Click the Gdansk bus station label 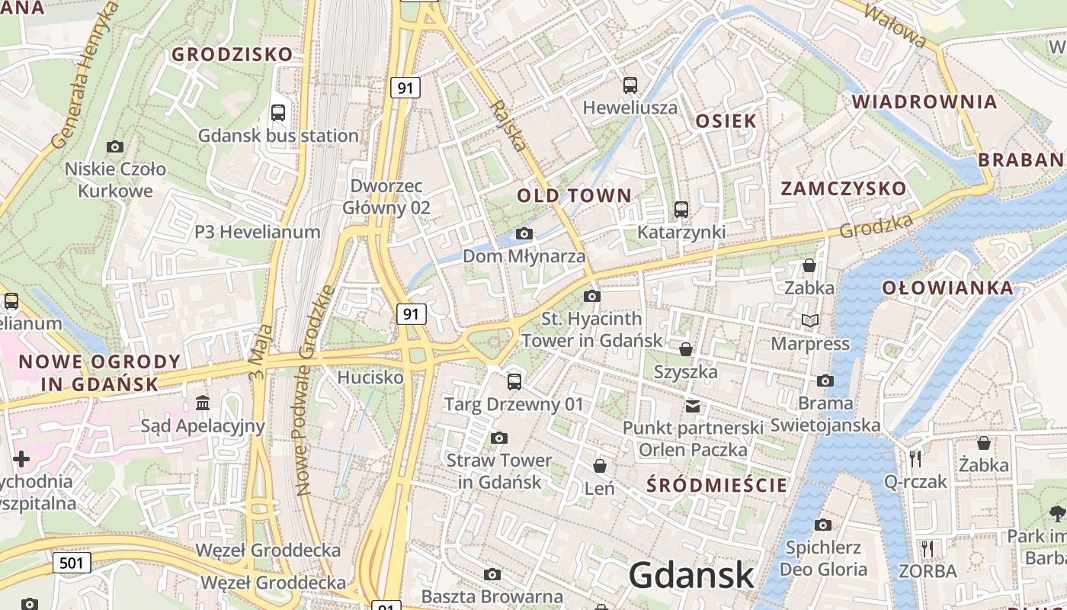click(x=278, y=136)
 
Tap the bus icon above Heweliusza click(x=630, y=85)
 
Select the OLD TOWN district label click(x=575, y=195)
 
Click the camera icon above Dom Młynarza click(x=524, y=233)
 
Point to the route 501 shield click(x=72, y=563)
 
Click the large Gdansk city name click(x=691, y=574)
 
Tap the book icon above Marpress click(x=809, y=321)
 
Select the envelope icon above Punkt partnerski click(x=692, y=406)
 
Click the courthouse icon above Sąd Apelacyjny click(x=203, y=403)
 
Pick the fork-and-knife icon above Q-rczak click(x=915, y=458)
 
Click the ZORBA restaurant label click(x=928, y=571)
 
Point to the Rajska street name click(x=509, y=126)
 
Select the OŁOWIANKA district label click(x=948, y=288)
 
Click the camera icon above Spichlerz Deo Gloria click(x=822, y=525)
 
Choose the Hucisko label click(x=370, y=377)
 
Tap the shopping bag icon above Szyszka click(x=686, y=349)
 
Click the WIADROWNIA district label click(x=924, y=101)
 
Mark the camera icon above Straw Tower click(x=499, y=438)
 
